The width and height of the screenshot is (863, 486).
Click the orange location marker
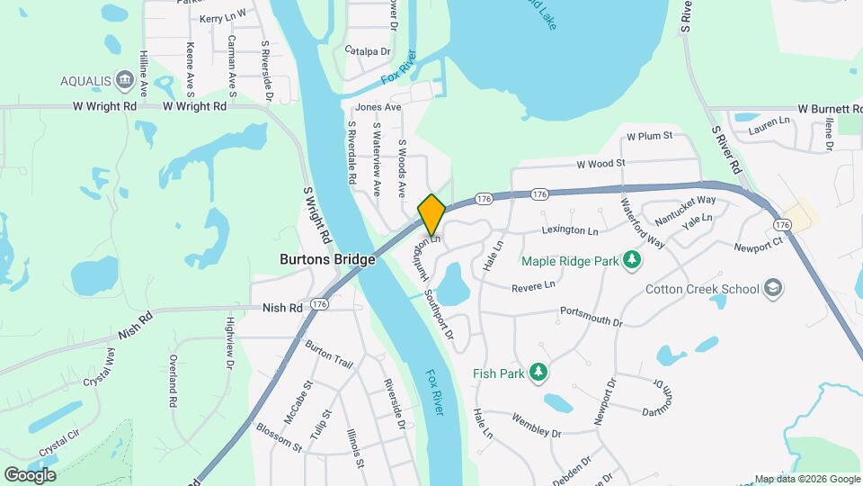pyautogui.click(x=431, y=214)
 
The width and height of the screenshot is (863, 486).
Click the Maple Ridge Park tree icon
pyautogui.click(x=633, y=261)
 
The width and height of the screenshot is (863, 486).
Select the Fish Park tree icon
pyautogui.click(x=538, y=373)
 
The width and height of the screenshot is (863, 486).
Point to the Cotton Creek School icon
pyautogui.click(x=773, y=289)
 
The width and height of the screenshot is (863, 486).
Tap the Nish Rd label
pyautogui.click(x=282, y=307)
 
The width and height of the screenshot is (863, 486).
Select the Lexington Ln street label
pyautogui.click(x=569, y=231)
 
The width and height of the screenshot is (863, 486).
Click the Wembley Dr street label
pyautogui.click(x=537, y=426)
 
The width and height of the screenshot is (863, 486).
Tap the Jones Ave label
pyautogui.click(x=378, y=107)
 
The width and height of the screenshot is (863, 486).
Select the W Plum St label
pyautogui.click(x=649, y=137)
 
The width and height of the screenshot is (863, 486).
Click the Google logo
pyautogui.click(x=30, y=474)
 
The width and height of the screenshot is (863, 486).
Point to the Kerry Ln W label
pyautogui.click(x=222, y=18)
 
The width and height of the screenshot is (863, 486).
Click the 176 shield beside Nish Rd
pyautogui.click(x=320, y=305)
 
